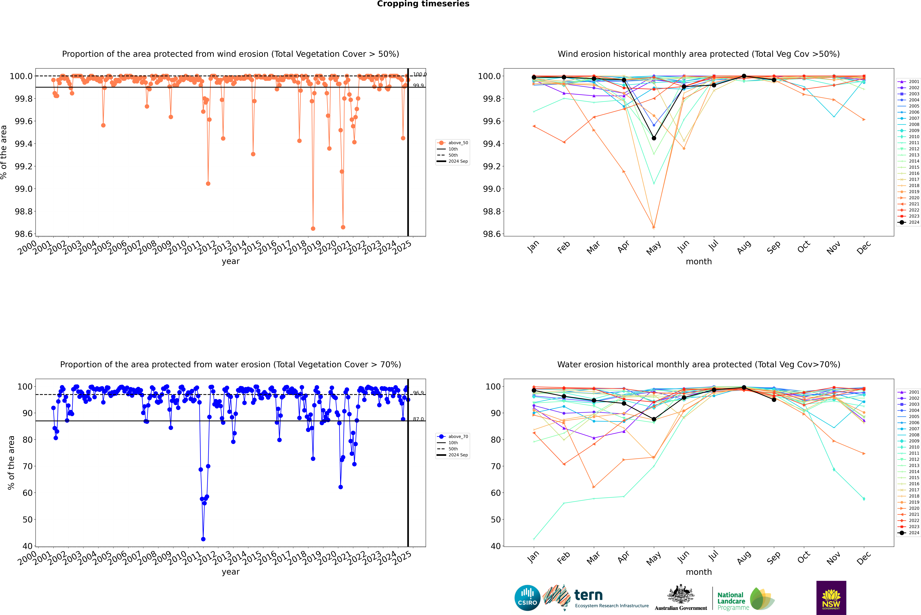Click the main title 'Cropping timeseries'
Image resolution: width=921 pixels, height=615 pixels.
(x=423, y=4)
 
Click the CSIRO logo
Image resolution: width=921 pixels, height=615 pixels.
(x=527, y=598)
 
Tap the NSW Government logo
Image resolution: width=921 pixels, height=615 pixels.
(x=831, y=598)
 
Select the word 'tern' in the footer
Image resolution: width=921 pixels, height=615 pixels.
(x=588, y=595)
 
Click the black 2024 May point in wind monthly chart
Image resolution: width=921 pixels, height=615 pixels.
(x=654, y=138)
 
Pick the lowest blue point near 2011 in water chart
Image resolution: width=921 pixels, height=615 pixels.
(x=203, y=539)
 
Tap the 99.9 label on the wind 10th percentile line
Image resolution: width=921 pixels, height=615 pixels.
(x=418, y=85)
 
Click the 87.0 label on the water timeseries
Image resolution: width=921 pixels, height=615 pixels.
(x=418, y=419)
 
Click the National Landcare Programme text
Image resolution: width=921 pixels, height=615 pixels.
(x=731, y=601)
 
